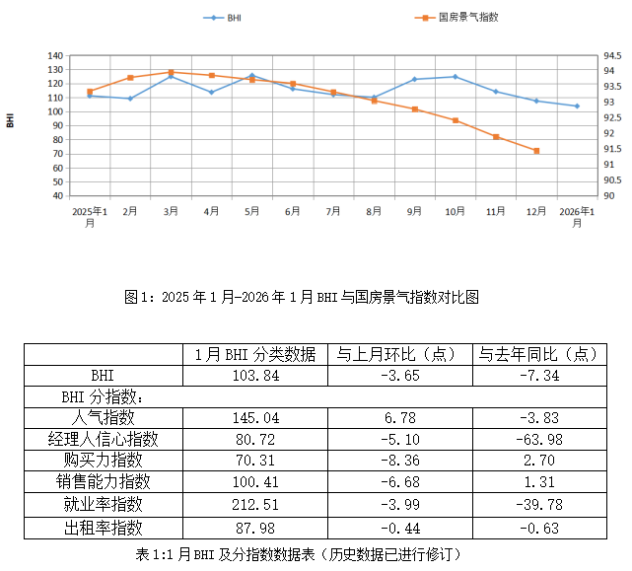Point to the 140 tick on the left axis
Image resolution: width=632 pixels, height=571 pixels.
pos(55,56)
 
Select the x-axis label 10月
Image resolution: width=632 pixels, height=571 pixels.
pos(455,211)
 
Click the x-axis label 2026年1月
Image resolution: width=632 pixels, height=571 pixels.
pos(577,217)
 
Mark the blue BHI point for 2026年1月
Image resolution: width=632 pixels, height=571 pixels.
pos(577,106)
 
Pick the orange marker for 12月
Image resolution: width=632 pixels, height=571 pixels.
pos(536,151)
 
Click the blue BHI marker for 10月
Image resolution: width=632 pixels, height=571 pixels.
pos(455,76)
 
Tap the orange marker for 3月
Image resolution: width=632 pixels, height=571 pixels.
pos(171,72)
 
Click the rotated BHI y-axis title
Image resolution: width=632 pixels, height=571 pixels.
pos(11,120)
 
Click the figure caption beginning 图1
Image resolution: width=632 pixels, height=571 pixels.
pos(316,297)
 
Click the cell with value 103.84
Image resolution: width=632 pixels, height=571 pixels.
pos(254,376)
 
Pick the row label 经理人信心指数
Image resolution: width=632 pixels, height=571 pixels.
pos(103,438)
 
